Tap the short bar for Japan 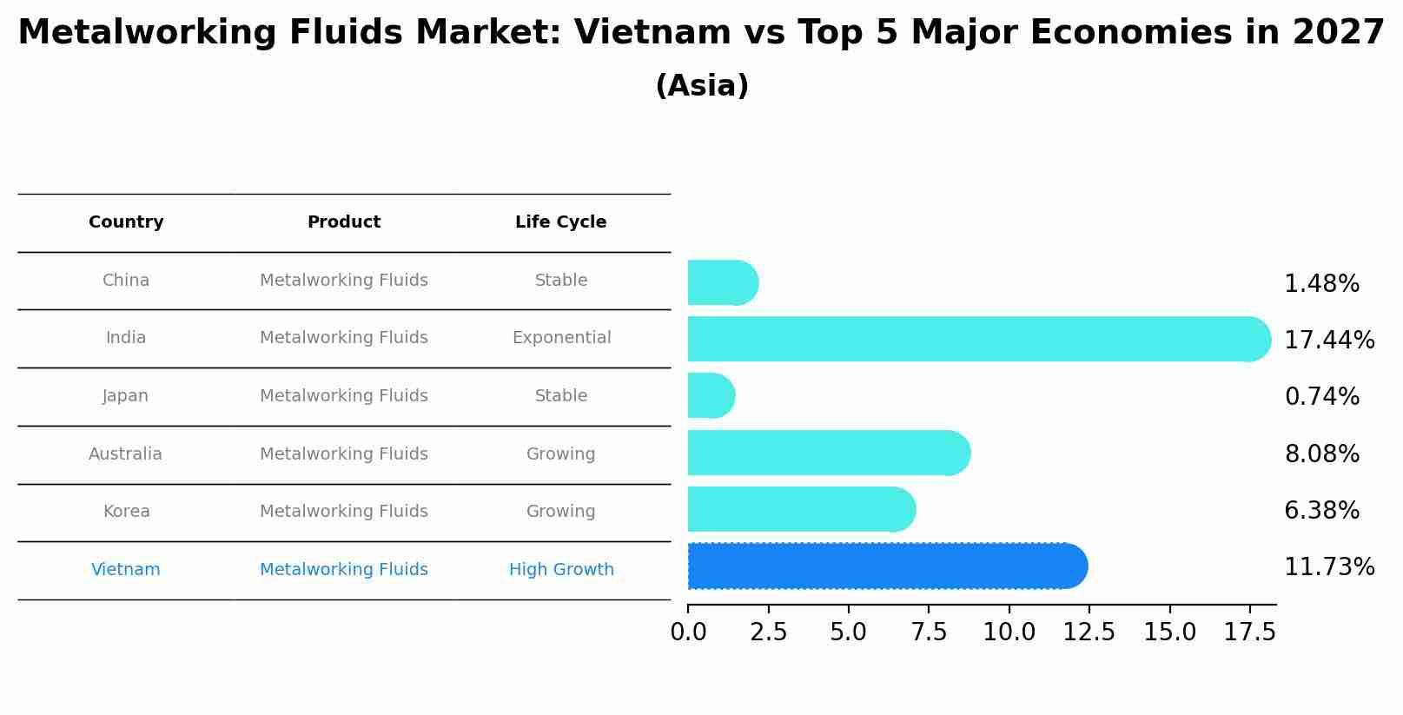[710, 396]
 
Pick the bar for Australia [825, 453]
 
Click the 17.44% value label [1328, 341]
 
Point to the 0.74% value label [1321, 397]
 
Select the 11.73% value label [1328, 567]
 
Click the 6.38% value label [1321, 511]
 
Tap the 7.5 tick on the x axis [929, 632]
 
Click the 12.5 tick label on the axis [1089, 632]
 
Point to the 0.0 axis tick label [688, 632]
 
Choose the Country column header [126, 222]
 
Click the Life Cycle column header [560, 222]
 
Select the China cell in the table [126, 281]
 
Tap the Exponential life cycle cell [561, 338]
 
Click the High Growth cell [561, 570]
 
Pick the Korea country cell [126, 512]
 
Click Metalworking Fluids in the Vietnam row [343, 570]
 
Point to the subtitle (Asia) [701, 86]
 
